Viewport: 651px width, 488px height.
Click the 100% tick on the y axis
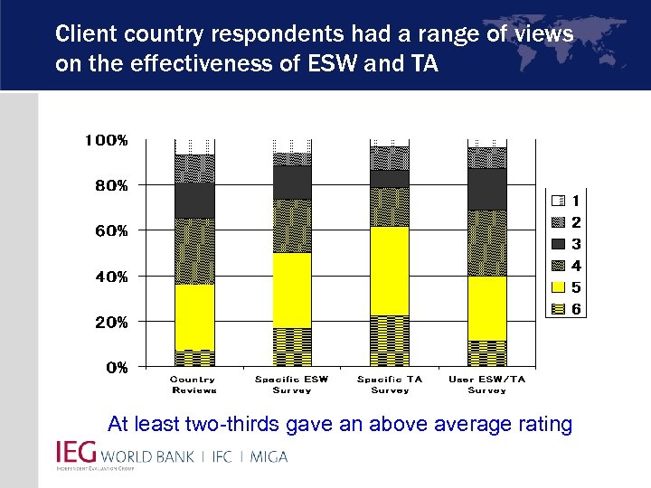(107, 140)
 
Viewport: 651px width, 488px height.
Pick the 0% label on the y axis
(117, 367)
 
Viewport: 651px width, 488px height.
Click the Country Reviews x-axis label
(193, 385)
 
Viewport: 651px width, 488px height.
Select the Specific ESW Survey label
(292, 385)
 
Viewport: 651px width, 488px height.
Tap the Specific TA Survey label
(390, 385)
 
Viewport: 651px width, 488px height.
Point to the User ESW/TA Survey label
(487, 385)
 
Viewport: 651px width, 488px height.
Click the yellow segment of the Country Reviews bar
(194, 316)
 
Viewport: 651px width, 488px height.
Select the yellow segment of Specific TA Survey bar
(390, 271)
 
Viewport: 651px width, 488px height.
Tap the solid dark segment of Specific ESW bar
(292, 183)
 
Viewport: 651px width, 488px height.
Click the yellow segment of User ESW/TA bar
(487, 308)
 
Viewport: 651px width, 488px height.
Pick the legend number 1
(576, 200)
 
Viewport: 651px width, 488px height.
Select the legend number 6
(576, 309)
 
